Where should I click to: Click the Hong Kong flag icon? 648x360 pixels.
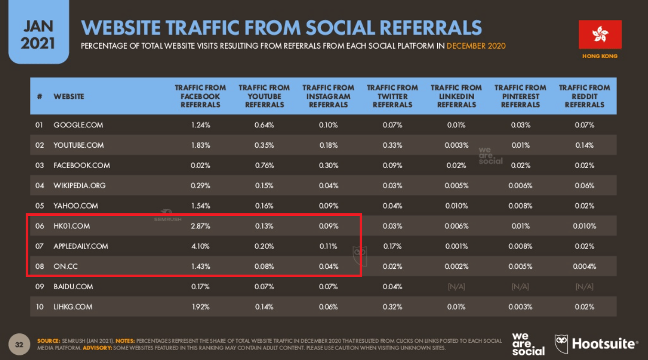click(x=600, y=35)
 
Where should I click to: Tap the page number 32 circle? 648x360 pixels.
click(x=19, y=344)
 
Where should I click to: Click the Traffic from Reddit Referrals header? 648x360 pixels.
click(x=585, y=96)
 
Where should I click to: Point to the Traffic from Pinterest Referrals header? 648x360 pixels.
click(x=520, y=96)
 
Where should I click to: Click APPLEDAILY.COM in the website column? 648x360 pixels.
click(x=81, y=246)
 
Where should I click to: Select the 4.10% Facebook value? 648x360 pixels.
click(x=200, y=246)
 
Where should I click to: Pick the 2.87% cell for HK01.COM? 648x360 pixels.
click(x=200, y=226)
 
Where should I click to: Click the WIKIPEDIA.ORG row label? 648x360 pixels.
click(x=80, y=186)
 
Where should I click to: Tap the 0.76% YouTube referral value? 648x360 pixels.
click(x=264, y=165)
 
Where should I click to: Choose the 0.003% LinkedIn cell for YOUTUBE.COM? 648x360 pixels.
click(x=457, y=145)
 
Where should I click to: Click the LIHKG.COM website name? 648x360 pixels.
click(x=73, y=307)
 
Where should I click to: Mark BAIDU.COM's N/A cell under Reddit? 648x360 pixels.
click(x=585, y=287)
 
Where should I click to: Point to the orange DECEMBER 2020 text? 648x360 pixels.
click(x=476, y=46)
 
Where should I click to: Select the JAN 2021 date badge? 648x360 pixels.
click(x=38, y=31)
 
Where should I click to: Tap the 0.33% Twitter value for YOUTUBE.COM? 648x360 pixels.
click(x=392, y=145)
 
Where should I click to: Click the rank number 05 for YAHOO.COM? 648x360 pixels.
click(x=40, y=205)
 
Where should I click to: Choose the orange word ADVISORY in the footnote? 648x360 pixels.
click(x=97, y=347)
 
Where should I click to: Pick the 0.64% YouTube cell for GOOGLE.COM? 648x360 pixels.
click(x=264, y=125)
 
